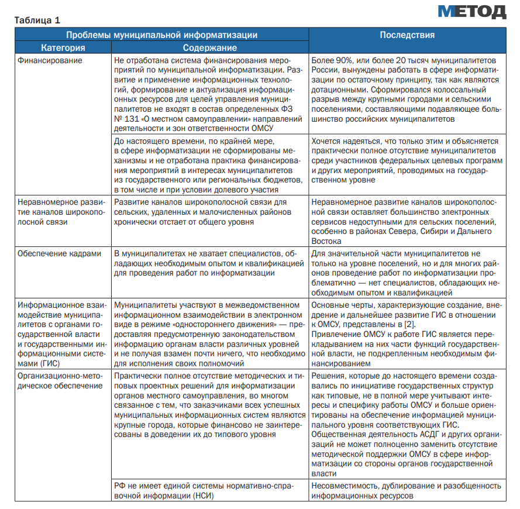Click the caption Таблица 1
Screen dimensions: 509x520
37,20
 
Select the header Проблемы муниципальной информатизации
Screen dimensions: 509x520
161,35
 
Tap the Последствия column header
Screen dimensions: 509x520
407,35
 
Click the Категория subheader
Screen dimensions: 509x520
63,47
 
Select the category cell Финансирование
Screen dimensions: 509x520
50,60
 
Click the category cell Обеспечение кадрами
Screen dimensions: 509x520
59,253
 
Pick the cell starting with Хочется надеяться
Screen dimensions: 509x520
406,160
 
